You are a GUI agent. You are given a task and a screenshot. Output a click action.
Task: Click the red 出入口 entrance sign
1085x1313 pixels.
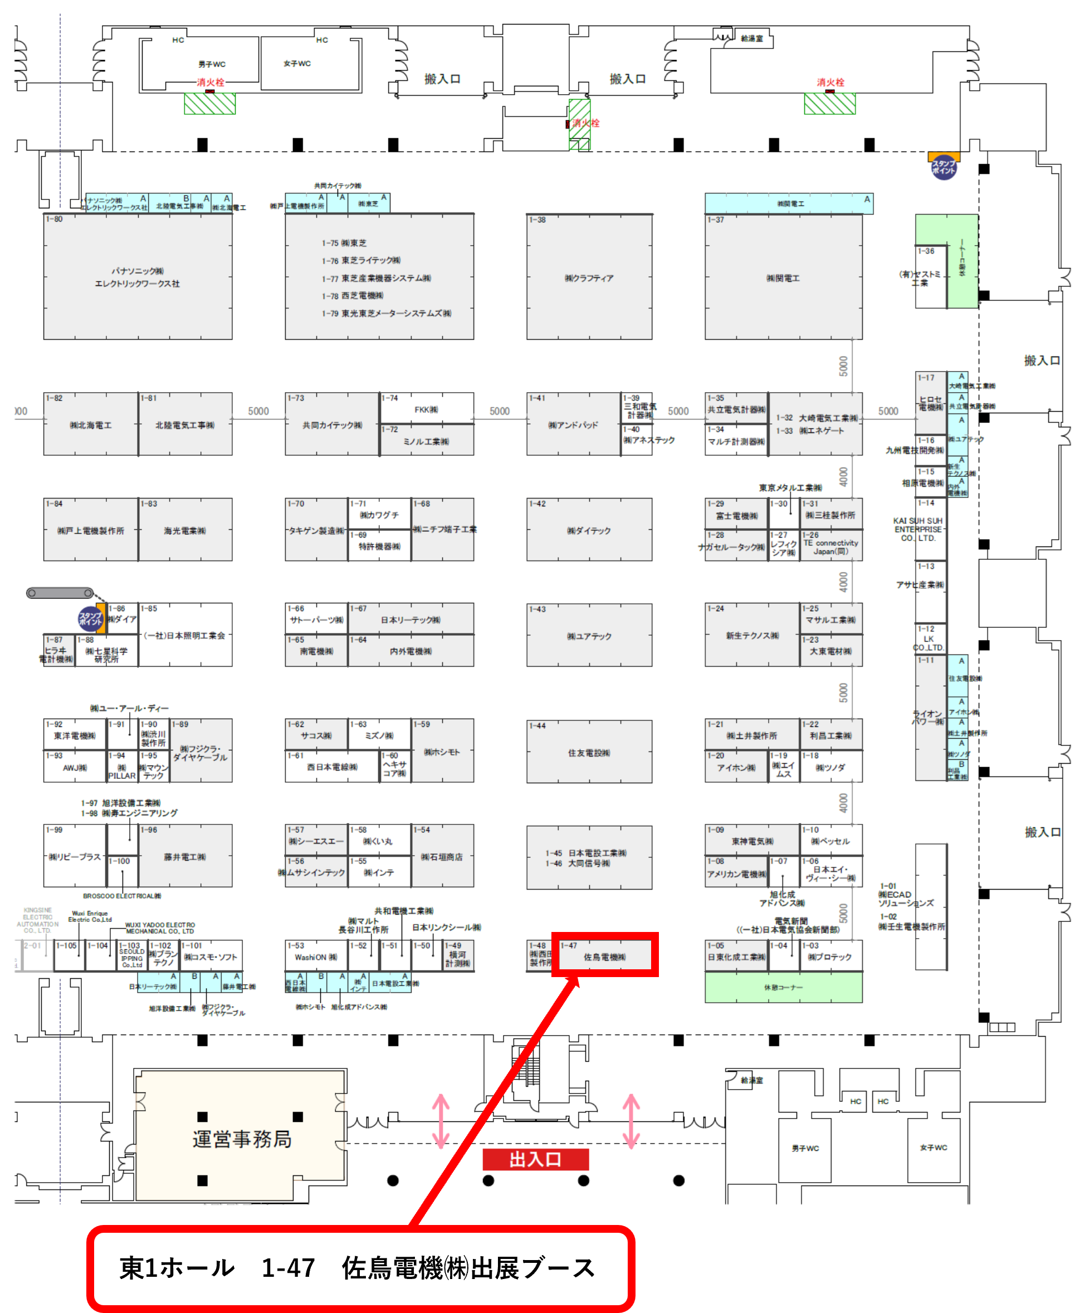click(535, 1160)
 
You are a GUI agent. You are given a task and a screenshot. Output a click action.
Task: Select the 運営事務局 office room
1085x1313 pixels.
click(241, 1139)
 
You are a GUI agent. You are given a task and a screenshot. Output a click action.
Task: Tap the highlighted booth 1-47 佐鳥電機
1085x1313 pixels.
click(604, 956)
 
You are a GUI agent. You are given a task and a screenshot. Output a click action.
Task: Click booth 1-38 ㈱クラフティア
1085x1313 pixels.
click(589, 277)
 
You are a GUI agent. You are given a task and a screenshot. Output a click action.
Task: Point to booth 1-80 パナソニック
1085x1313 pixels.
click(138, 277)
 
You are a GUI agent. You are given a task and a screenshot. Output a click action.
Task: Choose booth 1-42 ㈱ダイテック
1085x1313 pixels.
click(589, 530)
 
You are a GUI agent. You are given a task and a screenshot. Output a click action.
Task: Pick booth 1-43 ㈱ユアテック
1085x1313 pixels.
click(589, 636)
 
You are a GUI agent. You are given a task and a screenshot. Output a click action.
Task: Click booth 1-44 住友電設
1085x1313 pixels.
click(589, 753)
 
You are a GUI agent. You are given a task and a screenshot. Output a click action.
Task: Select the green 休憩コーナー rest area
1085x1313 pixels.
click(783, 988)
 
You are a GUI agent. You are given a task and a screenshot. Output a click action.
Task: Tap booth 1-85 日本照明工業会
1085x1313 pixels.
click(185, 636)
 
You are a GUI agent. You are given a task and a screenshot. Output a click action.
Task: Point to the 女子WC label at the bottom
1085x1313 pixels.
click(933, 1148)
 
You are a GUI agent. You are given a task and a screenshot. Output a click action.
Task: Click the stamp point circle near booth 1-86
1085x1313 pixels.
click(90, 619)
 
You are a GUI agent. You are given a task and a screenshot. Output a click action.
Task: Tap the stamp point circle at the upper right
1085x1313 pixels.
click(943, 168)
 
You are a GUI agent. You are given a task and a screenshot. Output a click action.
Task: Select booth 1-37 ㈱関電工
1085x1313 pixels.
click(783, 277)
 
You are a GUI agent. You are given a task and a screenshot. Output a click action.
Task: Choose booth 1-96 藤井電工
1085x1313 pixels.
click(185, 857)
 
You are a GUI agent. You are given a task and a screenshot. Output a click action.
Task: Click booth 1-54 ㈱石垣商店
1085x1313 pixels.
click(442, 857)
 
